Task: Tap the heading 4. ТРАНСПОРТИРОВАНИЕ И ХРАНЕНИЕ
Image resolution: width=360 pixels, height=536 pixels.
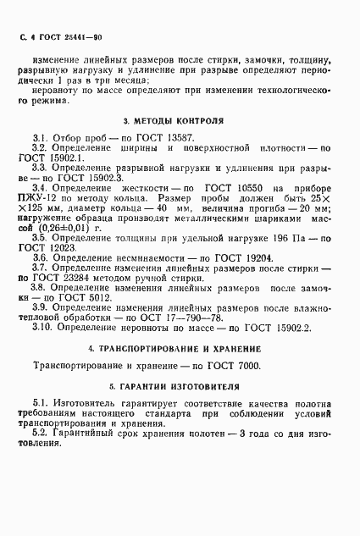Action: click(180, 350)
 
